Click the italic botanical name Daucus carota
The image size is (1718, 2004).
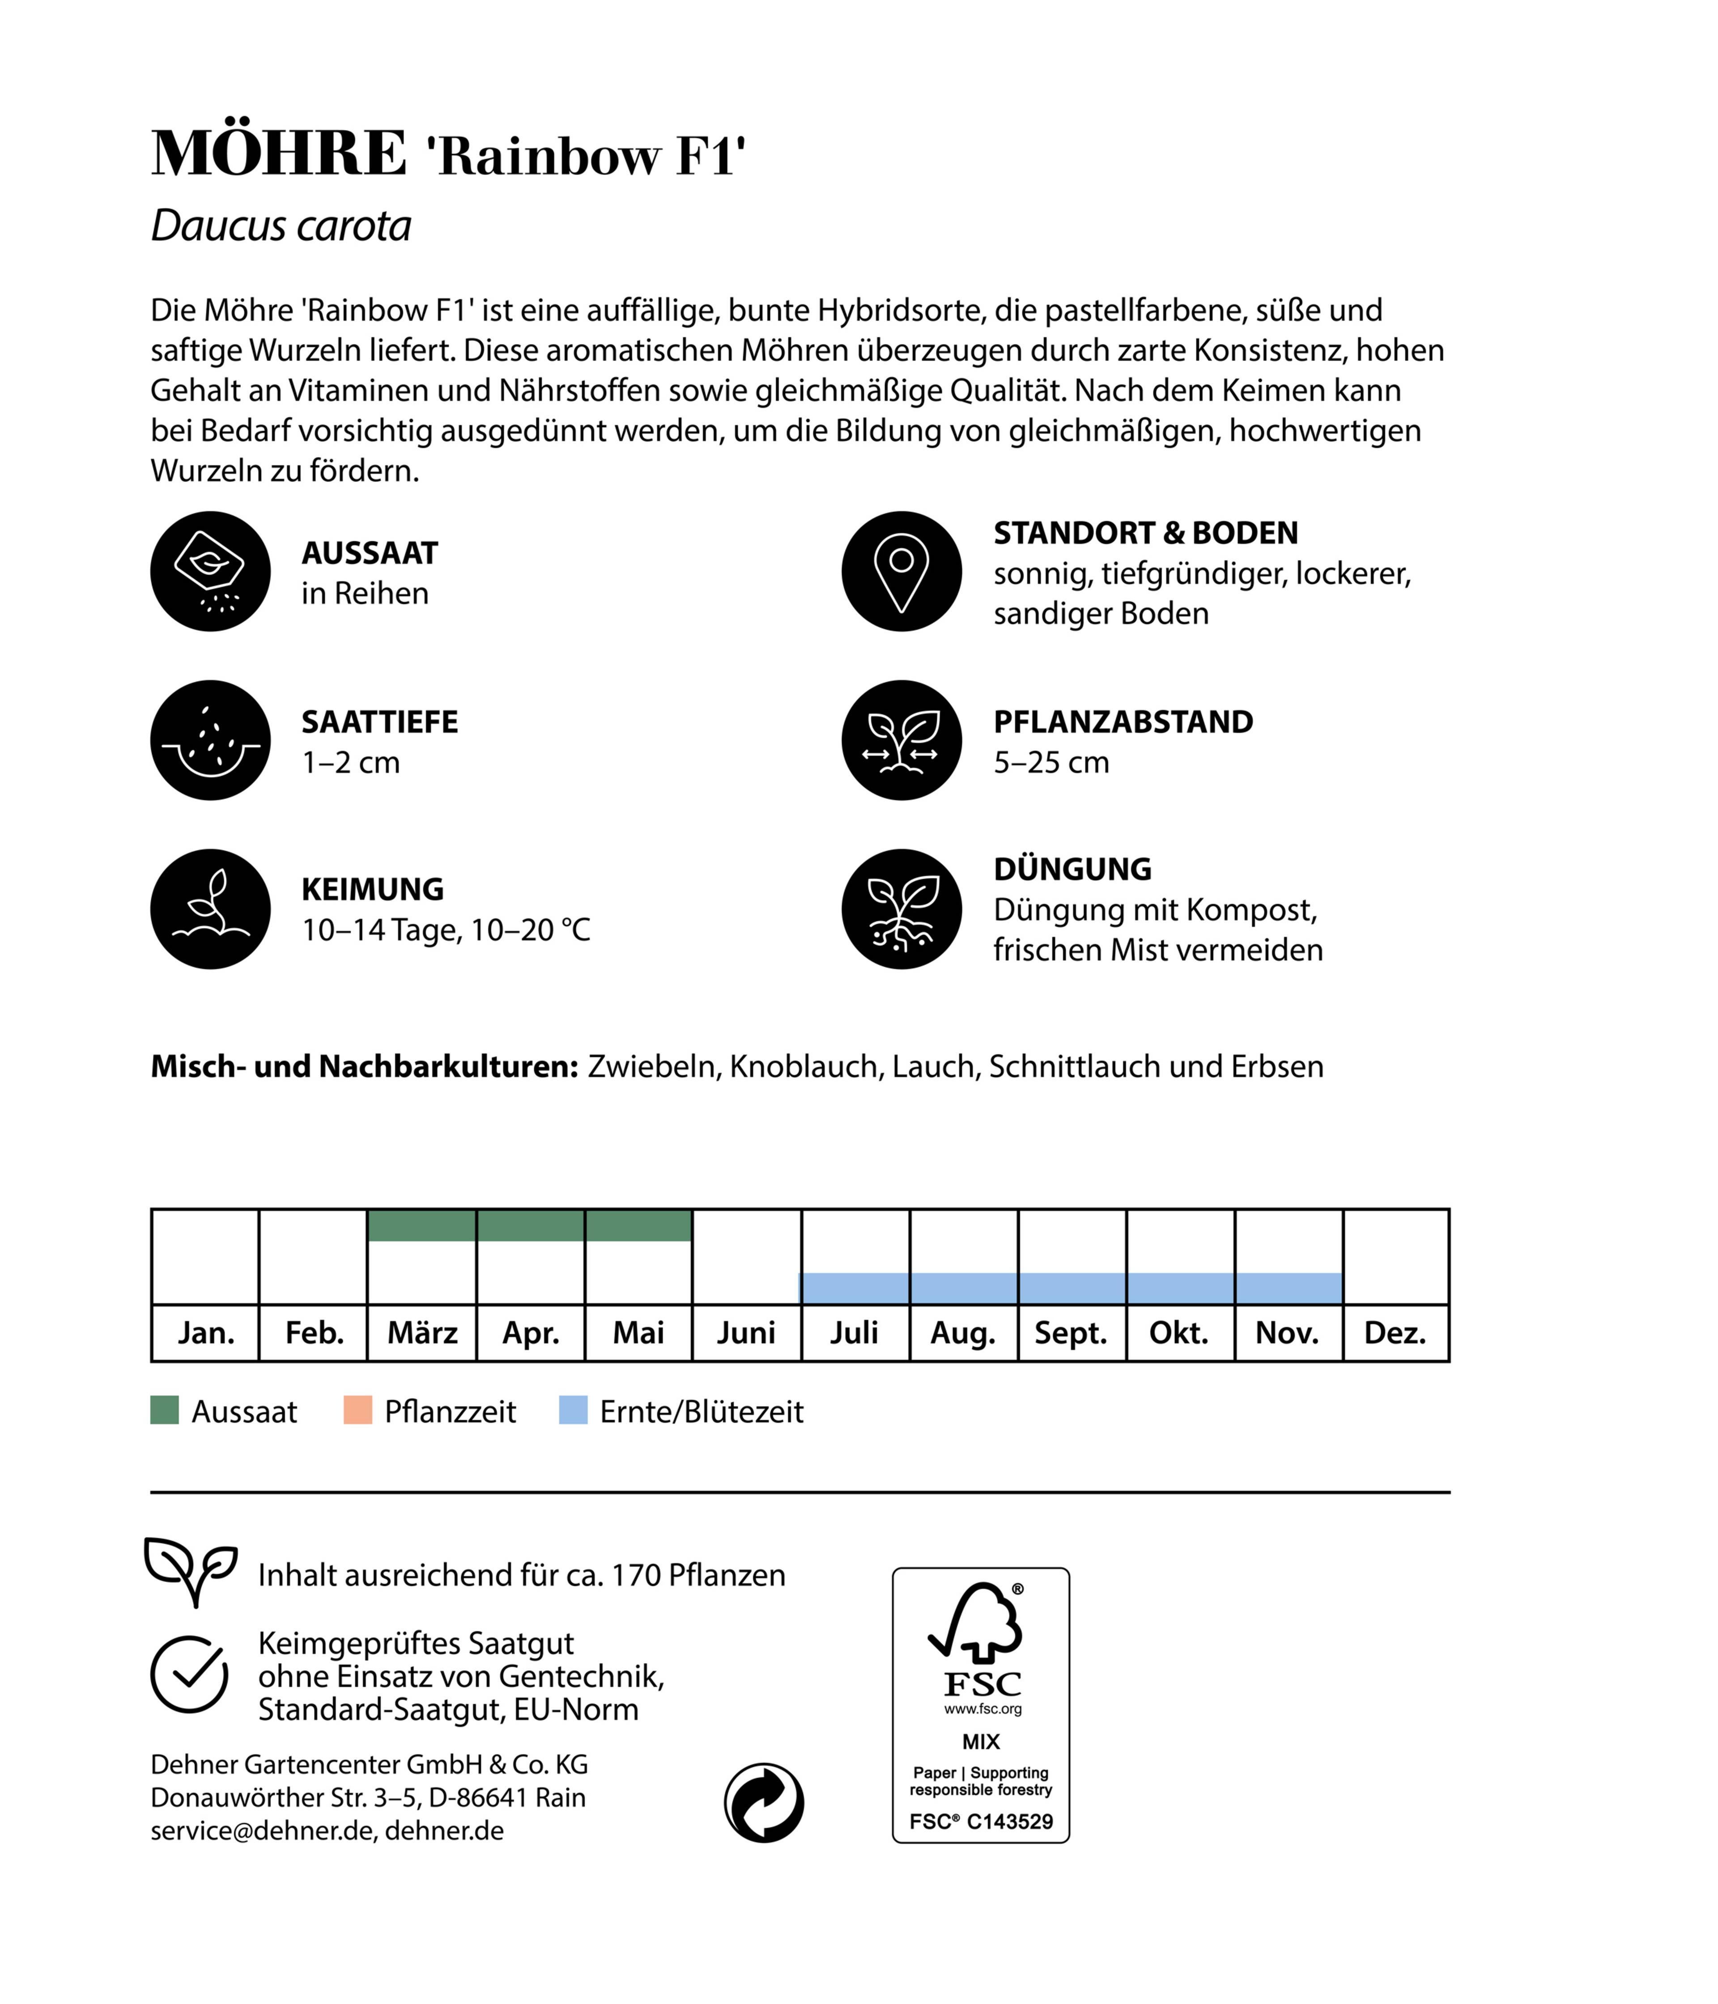(281, 226)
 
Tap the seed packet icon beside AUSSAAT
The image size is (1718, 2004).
(210, 572)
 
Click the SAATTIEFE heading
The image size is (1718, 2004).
(379, 722)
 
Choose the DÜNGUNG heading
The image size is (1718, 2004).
(1072, 869)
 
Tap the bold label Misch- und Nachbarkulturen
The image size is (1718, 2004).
(364, 1066)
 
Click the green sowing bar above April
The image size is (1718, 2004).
(530, 1225)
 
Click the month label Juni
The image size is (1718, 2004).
(746, 1333)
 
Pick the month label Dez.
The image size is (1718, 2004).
(1395, 1333)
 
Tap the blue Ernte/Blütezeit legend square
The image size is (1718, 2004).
(573, 1410)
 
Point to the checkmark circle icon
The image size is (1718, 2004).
(190, 1674)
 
